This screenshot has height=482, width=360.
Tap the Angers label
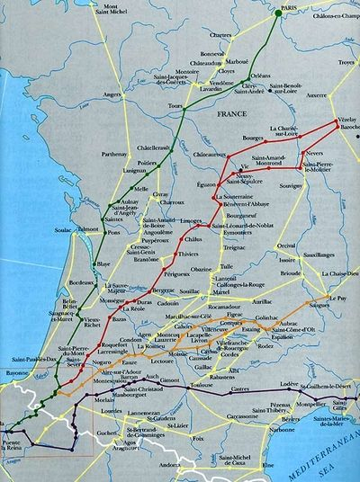[112, 93]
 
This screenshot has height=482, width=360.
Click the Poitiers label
[148, 162]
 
